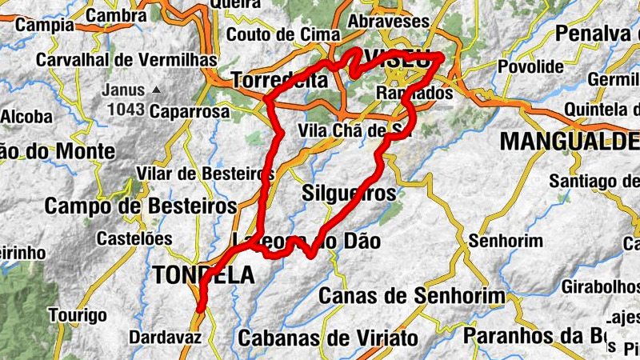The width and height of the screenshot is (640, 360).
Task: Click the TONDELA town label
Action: [x=203, y=275]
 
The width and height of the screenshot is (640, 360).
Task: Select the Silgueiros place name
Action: [x=350, y=193]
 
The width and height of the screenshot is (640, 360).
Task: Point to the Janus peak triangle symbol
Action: [x=156, y=90]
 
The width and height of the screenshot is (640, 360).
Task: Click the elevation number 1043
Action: [x=124, y=108]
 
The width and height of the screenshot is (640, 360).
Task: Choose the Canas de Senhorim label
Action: [x=411, y=296]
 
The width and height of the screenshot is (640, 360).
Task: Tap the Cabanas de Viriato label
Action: [x=328, y=338]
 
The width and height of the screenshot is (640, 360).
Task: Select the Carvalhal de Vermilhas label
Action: [x=127, y=60]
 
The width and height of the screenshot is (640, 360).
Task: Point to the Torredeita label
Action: [x=279, y=81]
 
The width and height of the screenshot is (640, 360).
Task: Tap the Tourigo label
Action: [x=78, y=314]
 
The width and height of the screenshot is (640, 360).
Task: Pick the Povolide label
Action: [x=530, y=66]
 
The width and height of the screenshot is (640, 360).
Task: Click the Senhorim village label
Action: [x=506, y=240]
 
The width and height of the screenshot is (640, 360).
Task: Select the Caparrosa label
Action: [x=190, y=111]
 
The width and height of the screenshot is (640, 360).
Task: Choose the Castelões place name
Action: [x=134, y=238]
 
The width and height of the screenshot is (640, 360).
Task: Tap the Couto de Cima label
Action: [x=284, y=34]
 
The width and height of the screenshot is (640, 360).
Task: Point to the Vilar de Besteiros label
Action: [x=204, y=174]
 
